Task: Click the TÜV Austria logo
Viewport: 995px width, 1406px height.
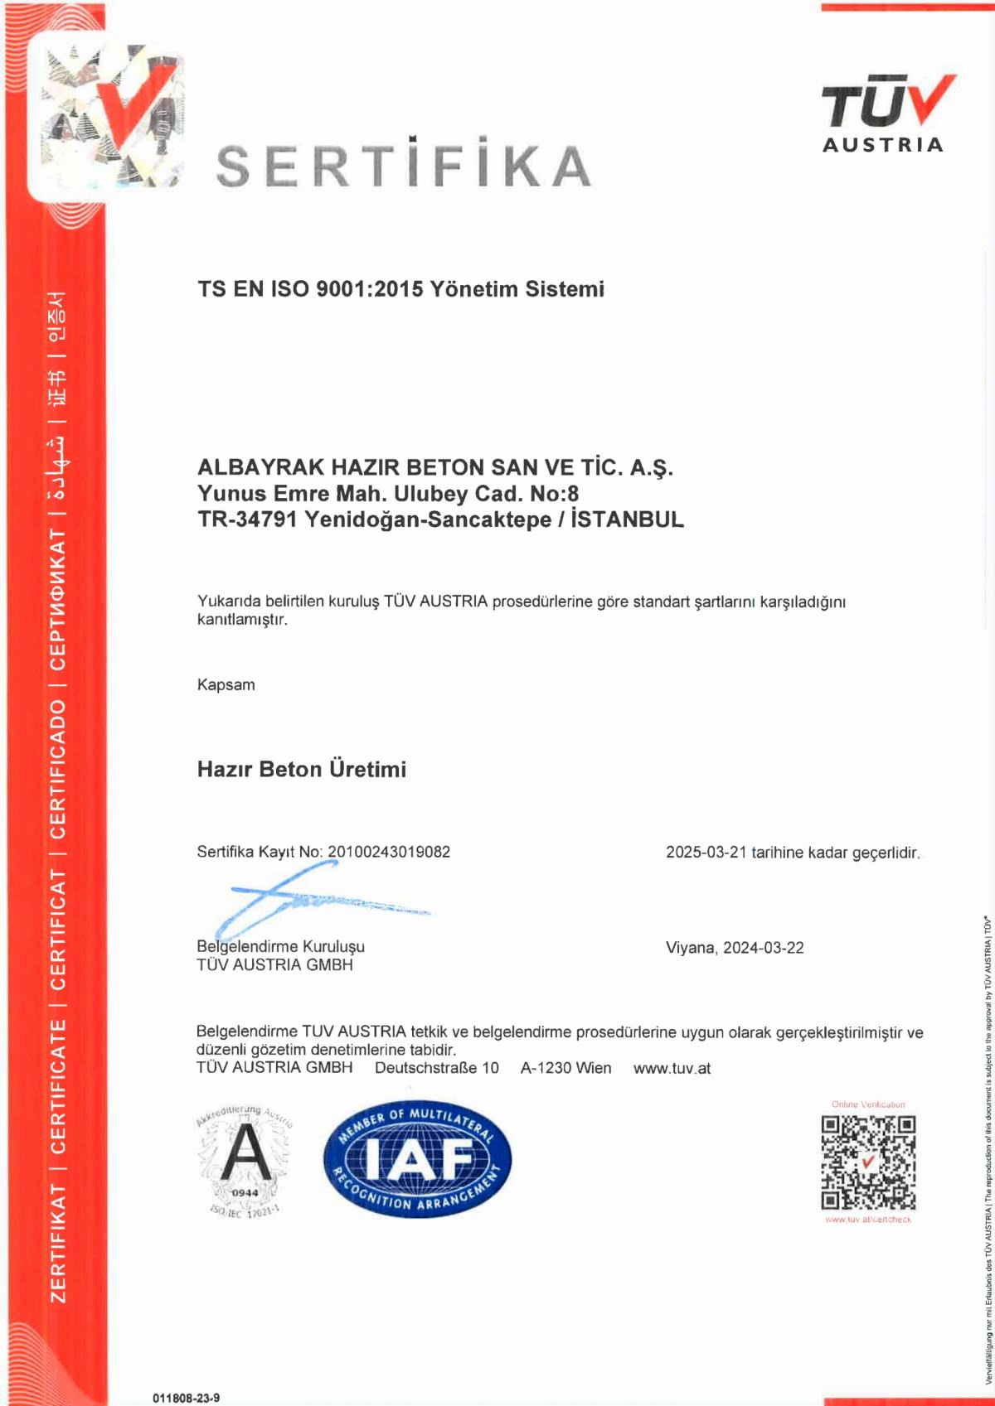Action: [884, 114]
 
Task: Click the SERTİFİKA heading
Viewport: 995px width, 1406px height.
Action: [403, 165]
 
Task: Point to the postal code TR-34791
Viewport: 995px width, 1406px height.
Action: [247, 520]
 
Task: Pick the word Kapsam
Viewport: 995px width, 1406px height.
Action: [226, 685]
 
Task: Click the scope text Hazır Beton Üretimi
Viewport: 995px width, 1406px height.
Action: [302, 770]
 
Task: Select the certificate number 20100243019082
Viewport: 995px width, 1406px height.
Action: [389, 852]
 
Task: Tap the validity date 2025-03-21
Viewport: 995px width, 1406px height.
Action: [706, 853]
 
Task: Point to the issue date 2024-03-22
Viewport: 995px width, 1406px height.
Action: [763, 948]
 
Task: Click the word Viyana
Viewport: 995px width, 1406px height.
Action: [690, 948]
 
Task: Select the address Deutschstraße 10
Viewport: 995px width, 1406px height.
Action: [437, 1068]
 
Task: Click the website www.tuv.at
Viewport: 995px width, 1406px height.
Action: [672, 1068]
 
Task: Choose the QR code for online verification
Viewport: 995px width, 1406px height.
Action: [868, 1162]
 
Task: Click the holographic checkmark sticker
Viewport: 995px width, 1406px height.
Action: [108, 116]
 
